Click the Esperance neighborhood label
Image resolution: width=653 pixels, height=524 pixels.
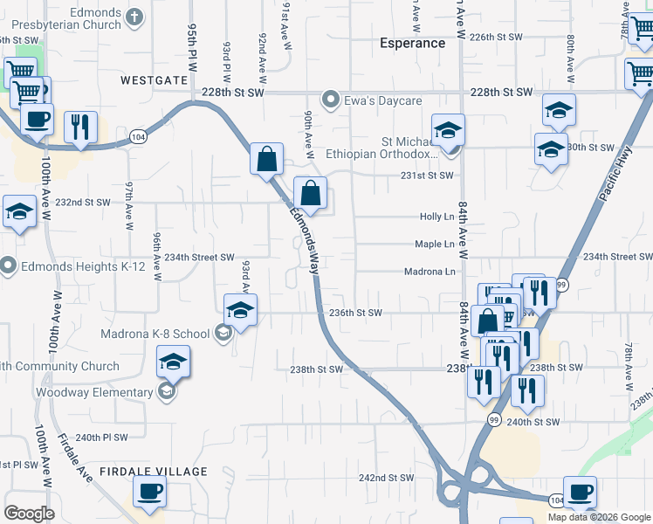(412, 43)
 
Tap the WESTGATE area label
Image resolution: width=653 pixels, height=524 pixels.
(155, 79)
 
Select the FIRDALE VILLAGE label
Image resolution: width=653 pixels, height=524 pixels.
(154, 472)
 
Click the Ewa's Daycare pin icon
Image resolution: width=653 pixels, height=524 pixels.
(330, 99)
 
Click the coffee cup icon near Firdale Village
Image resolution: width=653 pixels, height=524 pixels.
(148, 491)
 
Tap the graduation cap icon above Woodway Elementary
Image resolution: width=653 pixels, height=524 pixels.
(173, 361)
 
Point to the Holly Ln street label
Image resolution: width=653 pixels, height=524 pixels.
(437, 217)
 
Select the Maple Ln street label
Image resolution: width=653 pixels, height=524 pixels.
(435, 245)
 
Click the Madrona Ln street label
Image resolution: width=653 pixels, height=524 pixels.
(430, 272)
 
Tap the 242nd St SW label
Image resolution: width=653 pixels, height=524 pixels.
(386, 478)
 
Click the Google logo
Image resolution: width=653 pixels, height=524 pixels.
(29, 514)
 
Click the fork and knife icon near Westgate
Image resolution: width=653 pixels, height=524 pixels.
(79, 126)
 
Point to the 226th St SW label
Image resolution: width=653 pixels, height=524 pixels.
(495, 38)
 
